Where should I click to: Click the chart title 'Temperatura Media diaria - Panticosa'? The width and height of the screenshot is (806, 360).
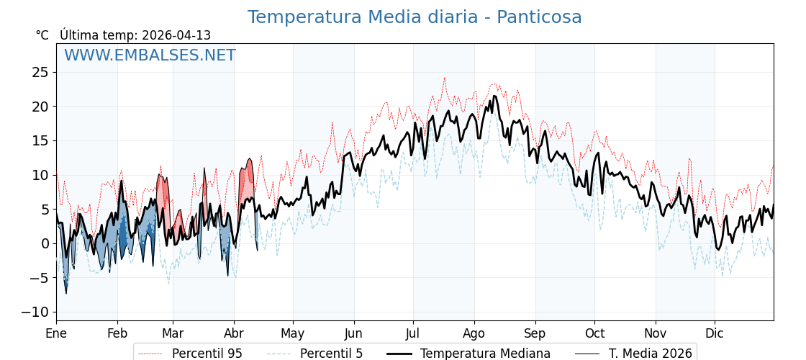pos(415,17)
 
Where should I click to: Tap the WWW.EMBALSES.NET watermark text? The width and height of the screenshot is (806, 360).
pos(150,55)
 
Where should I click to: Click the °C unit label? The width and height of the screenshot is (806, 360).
pos(42,35)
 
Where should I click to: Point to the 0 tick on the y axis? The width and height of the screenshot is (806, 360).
pos(44,243)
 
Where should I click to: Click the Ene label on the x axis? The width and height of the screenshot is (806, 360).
pos(56,334)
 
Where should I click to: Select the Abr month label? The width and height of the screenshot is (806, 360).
pos(234,334)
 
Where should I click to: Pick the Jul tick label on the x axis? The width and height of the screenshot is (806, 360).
pos(413,334)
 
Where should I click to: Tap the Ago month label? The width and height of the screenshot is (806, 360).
pos(474,334)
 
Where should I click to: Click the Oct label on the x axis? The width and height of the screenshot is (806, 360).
pos(594,334)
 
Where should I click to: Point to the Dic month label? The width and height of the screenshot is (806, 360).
pos(715,334)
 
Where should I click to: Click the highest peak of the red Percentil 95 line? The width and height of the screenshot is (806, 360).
pos(444,78)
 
